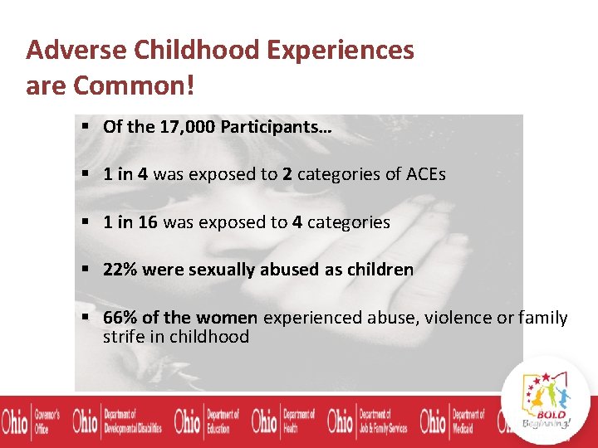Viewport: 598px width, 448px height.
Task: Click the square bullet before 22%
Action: [x=86, y=270]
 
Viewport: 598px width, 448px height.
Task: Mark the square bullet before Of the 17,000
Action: [x=86, y=127]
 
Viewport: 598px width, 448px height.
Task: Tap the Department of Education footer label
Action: [x=223, y=421]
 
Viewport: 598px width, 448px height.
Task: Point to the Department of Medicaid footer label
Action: [x=468, y=421]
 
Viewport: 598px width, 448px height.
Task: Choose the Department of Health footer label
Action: [x=300, y=421]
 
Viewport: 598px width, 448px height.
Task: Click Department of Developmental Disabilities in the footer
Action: [x=132, y=421]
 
